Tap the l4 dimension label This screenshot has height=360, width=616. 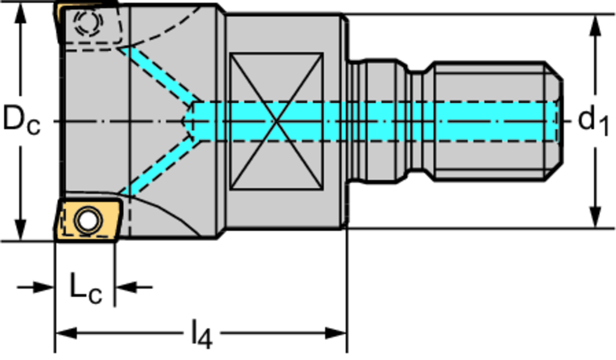point(202,335)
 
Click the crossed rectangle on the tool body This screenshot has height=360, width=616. point(277,121)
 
